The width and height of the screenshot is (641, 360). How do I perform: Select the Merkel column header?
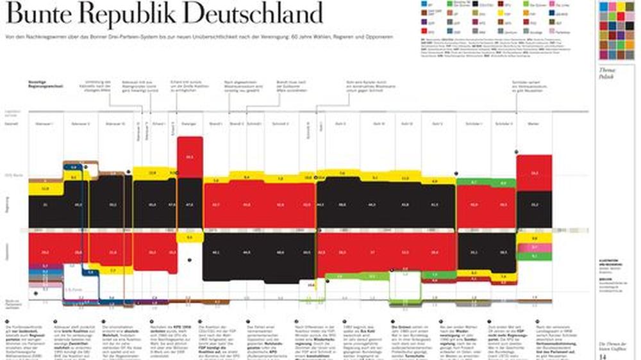[533, 124]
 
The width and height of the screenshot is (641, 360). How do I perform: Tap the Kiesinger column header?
[190, 124]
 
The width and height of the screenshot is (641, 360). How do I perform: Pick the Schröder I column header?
[473, 124]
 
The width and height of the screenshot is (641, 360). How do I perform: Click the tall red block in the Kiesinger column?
[190, 157]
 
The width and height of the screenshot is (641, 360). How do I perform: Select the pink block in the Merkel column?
[534, 247]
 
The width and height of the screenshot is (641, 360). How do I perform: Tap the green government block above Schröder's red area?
[473, 183]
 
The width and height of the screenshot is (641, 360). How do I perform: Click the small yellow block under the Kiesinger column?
[190, 238]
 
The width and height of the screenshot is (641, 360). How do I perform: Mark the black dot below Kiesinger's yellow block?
[190, 260]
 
